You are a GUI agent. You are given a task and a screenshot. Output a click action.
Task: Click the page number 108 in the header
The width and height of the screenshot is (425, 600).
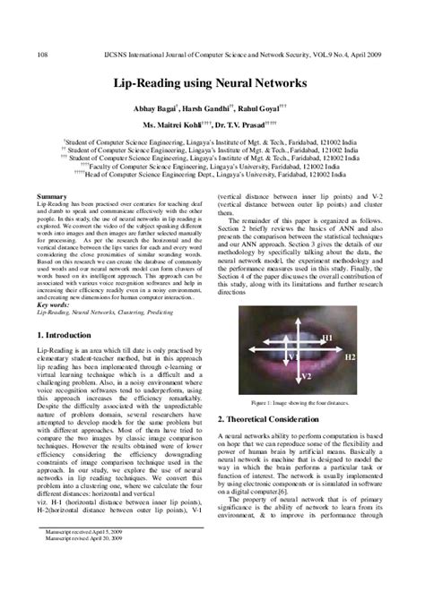click(x=42, y=55)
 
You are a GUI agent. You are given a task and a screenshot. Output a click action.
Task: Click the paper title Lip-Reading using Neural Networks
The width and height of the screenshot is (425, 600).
click(x=212, y=83)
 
